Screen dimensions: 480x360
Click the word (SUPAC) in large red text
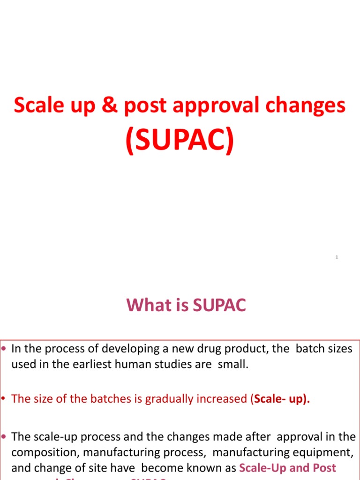180,141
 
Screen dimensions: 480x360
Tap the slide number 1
337,257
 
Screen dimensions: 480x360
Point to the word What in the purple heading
146,305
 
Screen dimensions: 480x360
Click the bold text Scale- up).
282,399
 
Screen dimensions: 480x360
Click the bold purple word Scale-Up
264,467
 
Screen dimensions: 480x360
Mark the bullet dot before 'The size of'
5,399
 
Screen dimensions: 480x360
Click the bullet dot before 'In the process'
5,349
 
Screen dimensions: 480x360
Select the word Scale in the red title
36,105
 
